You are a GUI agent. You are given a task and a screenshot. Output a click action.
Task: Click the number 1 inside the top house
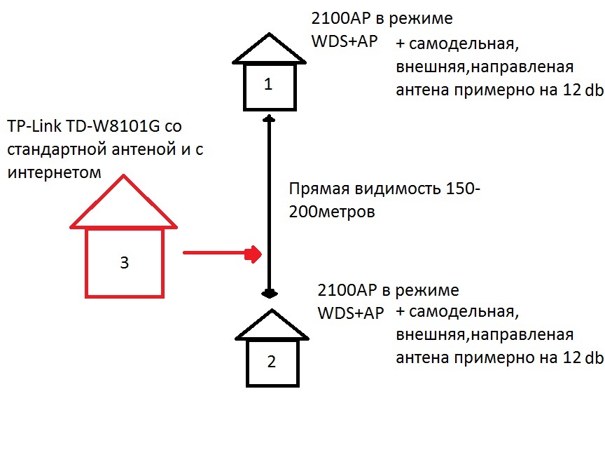pos(267,85)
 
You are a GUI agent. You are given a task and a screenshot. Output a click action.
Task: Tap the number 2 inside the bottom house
pos(271,362)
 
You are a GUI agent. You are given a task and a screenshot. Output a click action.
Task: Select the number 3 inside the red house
pos(124,263)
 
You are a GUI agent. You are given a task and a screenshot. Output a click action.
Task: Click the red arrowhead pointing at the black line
pos(252,254)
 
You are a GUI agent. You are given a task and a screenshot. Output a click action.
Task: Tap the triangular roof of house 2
pos(271,326)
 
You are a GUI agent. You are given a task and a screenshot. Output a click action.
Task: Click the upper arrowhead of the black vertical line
pos(267,121)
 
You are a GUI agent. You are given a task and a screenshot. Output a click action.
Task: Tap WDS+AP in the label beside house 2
pos(351,313)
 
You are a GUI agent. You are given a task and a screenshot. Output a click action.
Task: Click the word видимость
pos(404,190)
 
